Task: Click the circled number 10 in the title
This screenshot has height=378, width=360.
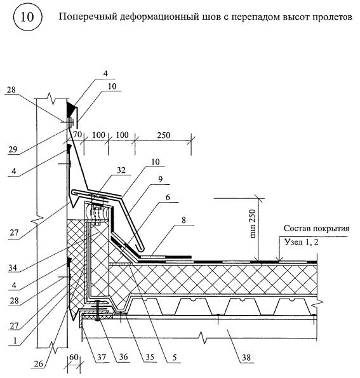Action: pyautogui.click(x=27, y=17)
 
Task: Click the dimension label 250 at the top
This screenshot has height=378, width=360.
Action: pyautogui.click(x=164, y=135)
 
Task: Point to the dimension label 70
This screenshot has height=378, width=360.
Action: pyautogui.click(x=77, y=135)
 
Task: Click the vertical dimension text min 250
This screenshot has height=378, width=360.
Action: pyautogui.click(x=253, y=224)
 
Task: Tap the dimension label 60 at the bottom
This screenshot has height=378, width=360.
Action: pyautogui.click(x=74, y=357)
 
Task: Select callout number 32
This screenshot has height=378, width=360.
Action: pyautogui.click(x=121, y=170)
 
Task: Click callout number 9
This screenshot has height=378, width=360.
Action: pyautogui.click(x=160, y=179)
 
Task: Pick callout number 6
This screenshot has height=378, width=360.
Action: pyautogui.click(x=168, y=197)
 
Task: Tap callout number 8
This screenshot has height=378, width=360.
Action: pyautogui.click(x=184, y=220)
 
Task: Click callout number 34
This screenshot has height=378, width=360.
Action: pyautogui.click(x=13, y=267)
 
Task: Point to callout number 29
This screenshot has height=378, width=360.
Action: pyautogui.click(x=13, y=149)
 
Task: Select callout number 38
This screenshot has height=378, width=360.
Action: pyautogui.click(x=246, y=358)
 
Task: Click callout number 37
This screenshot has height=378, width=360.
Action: pyautogui.click(x=102, y=357)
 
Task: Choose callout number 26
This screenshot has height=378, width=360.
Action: pyautogui.click(x=38, y=363)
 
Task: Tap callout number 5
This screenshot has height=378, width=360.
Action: pyautogui.click(x=175, y=357)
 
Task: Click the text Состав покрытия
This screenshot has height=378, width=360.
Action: pyautogui.click(x=316, y=228)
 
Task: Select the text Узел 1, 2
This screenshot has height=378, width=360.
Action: pyautogui.click(x=302, y=242)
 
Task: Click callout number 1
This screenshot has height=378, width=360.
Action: pyautogui.click(x=15, y=341)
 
